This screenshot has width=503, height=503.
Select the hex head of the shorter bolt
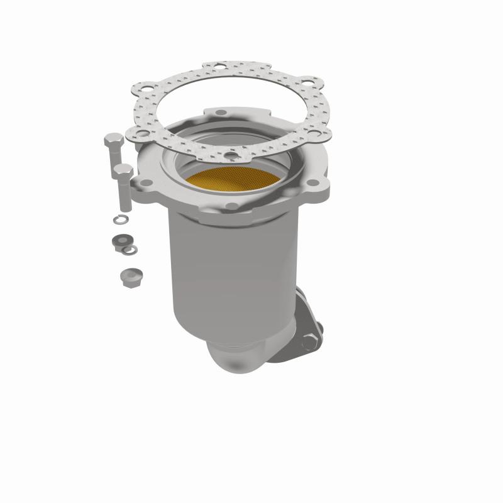[124, 170]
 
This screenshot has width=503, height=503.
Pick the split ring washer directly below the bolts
[118, 219]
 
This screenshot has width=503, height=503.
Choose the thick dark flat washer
[119, 241]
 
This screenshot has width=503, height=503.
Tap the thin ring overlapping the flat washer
[130, 250]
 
